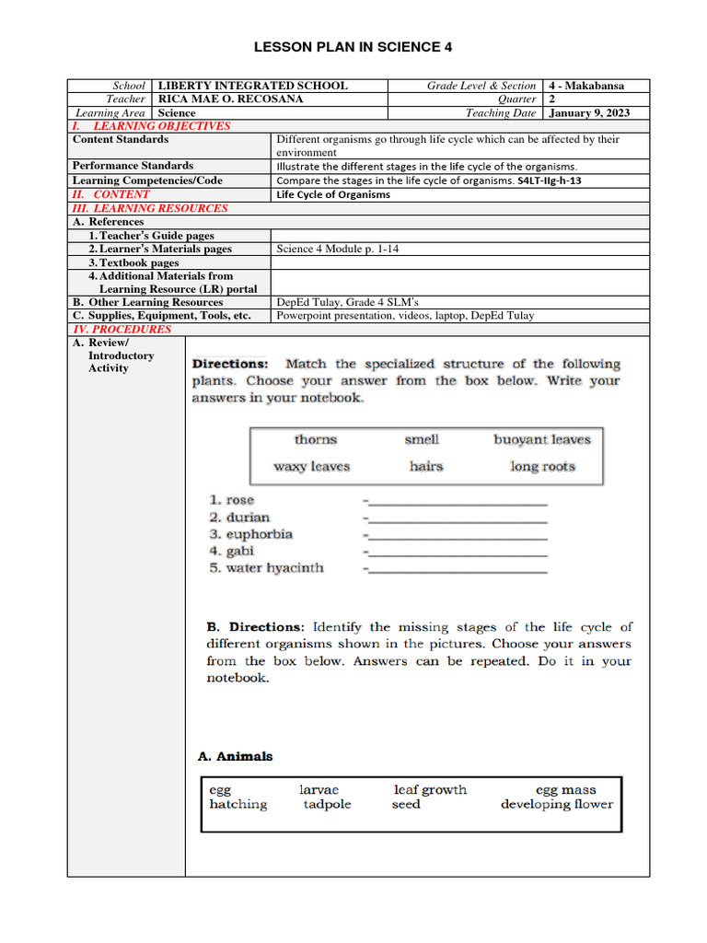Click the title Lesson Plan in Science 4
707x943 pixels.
coord(353,48)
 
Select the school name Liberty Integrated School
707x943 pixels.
coord(253,86)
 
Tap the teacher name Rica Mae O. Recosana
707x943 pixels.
coord(243,99)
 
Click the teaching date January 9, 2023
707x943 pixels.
coord(589,113)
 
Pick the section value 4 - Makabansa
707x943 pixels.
coord(586,86)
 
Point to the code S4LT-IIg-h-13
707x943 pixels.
coord(550,180)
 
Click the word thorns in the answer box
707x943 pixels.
coord(316,440)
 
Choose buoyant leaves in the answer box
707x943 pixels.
coord(541,440)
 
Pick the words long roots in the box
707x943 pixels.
coord(543,467)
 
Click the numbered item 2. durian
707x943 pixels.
coord(239,518)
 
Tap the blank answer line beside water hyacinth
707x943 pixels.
coord(457,571)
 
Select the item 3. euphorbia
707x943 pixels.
coord(250,534)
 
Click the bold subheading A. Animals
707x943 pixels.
coord(236,756)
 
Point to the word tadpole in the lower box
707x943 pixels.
coord(327,804)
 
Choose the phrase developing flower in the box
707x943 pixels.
coord(556,804)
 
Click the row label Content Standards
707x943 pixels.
coord(121,139)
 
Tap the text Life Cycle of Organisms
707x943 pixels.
coord(333,194)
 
